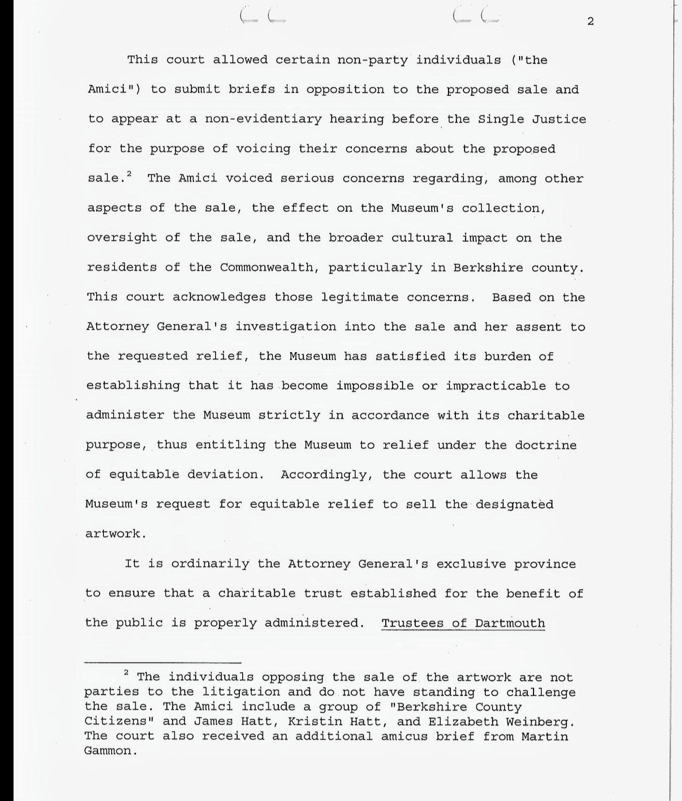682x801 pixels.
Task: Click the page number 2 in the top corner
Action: (590, 22)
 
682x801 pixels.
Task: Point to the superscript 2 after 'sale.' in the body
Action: (129, 174)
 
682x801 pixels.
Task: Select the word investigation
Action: (286, 327)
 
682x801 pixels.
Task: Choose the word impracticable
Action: (496, 386)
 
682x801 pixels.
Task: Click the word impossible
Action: (375, 386)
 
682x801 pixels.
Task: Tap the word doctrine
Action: (546, 445)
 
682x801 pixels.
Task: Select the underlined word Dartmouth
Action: (510, 623)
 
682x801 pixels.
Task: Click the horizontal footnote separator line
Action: (163, 663)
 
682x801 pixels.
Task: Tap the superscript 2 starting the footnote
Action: (127, 673)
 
